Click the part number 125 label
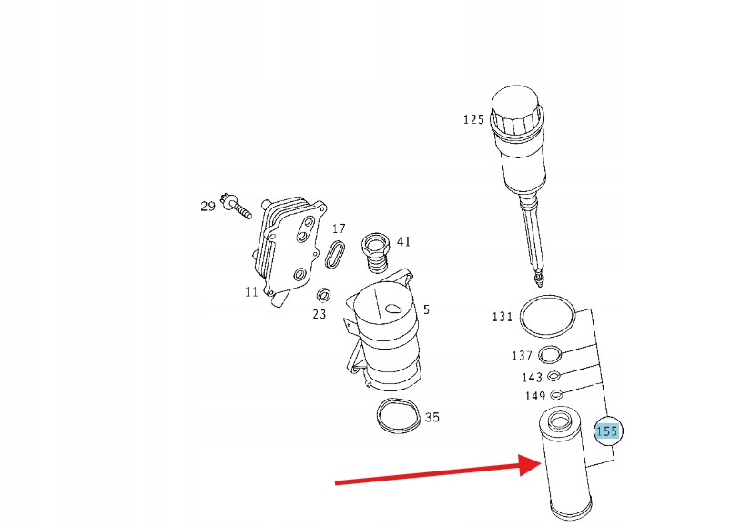473,119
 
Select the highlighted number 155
606,431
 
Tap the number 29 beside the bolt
208,206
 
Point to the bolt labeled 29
236,206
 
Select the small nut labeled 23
324,294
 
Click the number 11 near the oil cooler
251,292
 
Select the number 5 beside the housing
426,309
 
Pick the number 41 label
404,241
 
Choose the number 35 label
432,417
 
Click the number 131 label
502,317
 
